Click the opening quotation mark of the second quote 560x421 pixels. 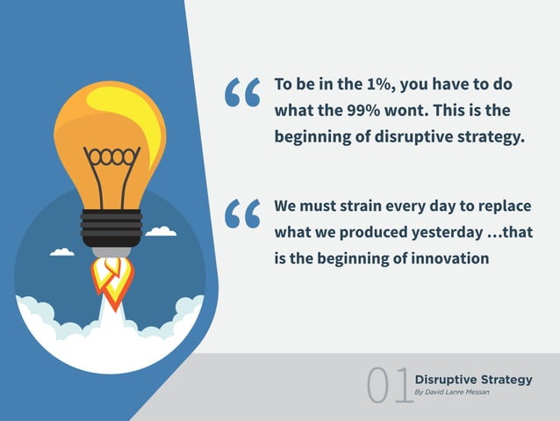point(242,214)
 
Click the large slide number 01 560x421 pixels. point(389,387)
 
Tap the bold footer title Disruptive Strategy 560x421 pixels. point(473,380)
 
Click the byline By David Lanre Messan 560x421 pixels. point(452,392)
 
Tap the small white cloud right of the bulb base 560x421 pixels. point(161,231)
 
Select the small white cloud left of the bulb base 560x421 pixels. point(61,252)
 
